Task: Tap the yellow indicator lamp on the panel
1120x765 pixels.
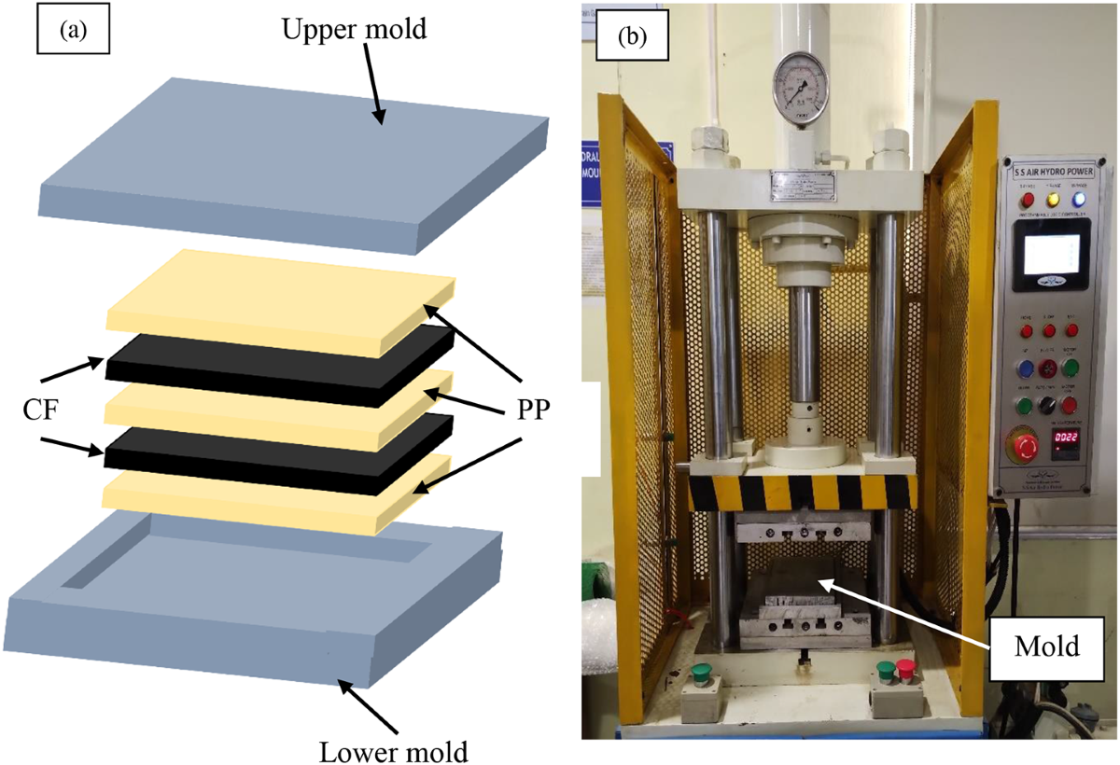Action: click(x=1055, y=199)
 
